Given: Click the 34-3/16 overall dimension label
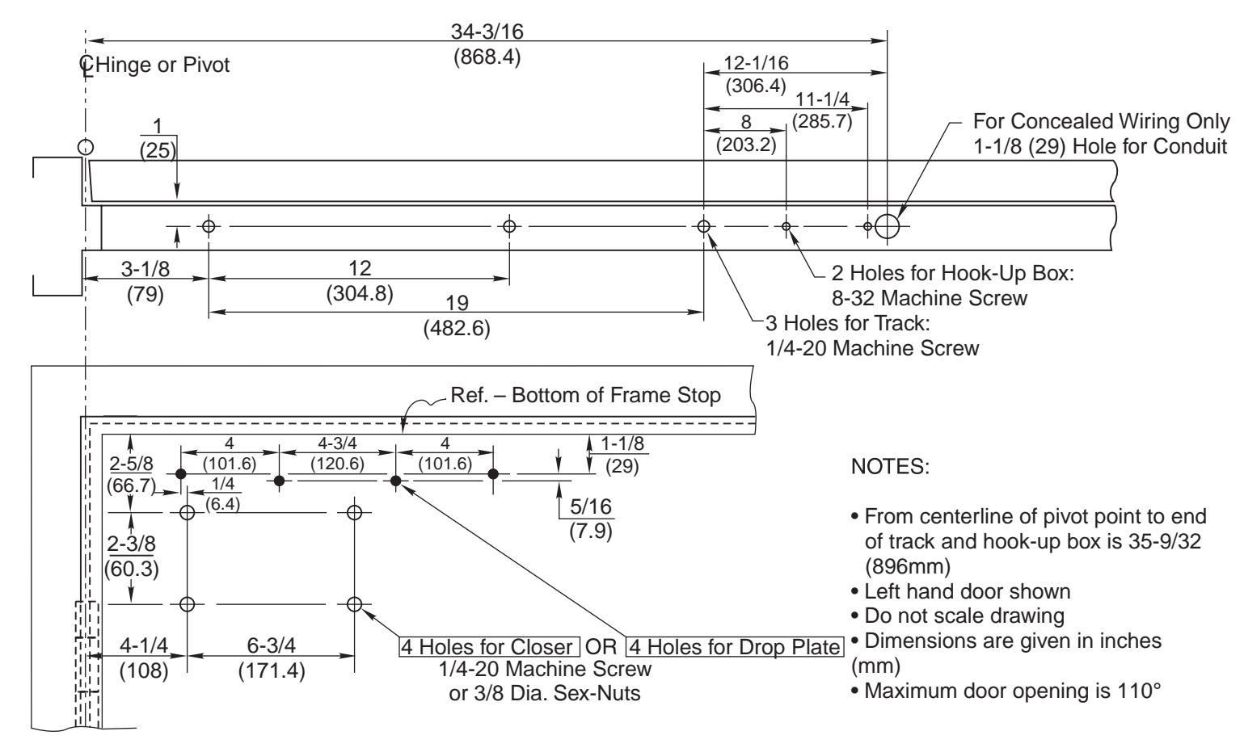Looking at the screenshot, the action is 487,32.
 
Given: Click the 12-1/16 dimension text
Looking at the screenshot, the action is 756,63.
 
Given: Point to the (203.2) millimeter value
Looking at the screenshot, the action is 746,145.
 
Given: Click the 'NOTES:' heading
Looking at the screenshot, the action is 890,467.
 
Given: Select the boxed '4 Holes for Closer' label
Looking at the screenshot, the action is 489,647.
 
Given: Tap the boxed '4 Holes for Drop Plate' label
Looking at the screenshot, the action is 735,647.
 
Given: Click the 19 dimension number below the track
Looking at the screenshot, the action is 457,303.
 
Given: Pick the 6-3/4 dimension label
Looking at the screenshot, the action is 271,645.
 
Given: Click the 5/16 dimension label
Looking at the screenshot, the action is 590,506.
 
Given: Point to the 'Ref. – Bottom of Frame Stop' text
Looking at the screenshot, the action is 585,395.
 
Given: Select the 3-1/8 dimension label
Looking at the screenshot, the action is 145,269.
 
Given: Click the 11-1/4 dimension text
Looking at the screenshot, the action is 822,99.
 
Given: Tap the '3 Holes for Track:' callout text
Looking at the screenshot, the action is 847,323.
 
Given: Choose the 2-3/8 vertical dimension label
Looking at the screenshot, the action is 131,544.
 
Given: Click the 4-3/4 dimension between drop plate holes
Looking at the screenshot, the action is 337,443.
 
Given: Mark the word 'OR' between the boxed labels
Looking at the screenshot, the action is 601,647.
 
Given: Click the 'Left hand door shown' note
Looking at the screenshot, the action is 967,591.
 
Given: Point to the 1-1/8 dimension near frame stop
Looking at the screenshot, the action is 622,443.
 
